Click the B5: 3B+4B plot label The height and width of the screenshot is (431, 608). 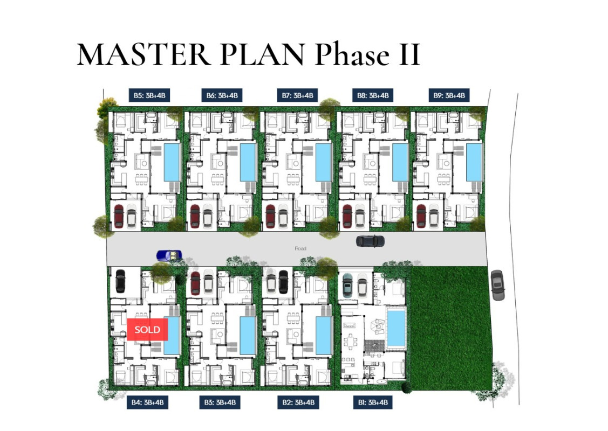point(149,95)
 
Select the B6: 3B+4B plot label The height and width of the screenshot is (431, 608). point(222,95)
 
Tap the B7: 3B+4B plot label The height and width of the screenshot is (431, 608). point(297,95)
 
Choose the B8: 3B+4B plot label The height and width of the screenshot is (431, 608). point(372,95)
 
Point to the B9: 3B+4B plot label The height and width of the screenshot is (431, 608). point(448,95)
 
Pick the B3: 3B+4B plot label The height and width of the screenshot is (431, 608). point(222,402)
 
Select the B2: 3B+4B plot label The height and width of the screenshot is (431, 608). point(297,402)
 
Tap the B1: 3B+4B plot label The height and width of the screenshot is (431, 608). point(372,402)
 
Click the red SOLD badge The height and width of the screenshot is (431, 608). point(147,329)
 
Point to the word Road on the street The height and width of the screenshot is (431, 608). point(300,248)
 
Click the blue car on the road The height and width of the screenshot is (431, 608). point(169,255)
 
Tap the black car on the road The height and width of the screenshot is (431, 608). point(370,241)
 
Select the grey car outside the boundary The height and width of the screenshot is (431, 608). point(497,285)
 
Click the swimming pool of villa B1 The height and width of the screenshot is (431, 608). point(396,327)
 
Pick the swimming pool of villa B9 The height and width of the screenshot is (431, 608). point(473,162)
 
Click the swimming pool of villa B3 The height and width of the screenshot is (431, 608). point(247,335)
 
